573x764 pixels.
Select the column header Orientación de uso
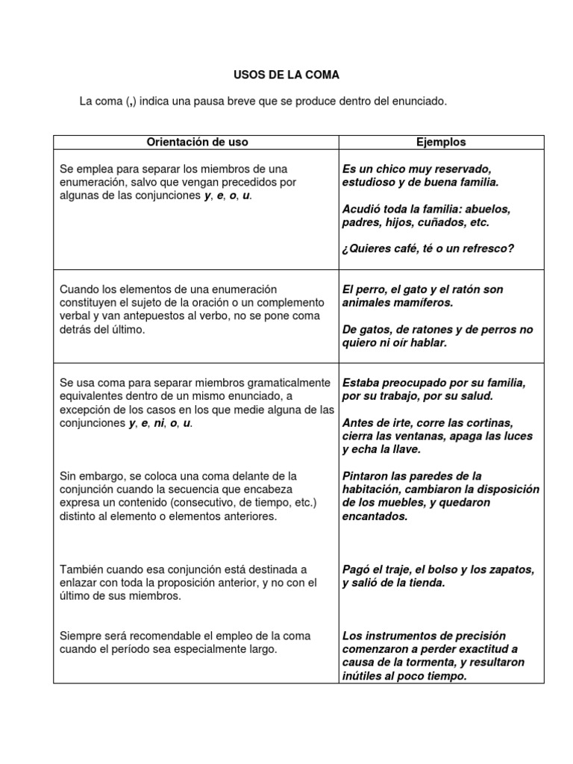coord(197,142)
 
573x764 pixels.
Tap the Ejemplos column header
coord(441,142)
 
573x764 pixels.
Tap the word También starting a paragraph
coord(84,569)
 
